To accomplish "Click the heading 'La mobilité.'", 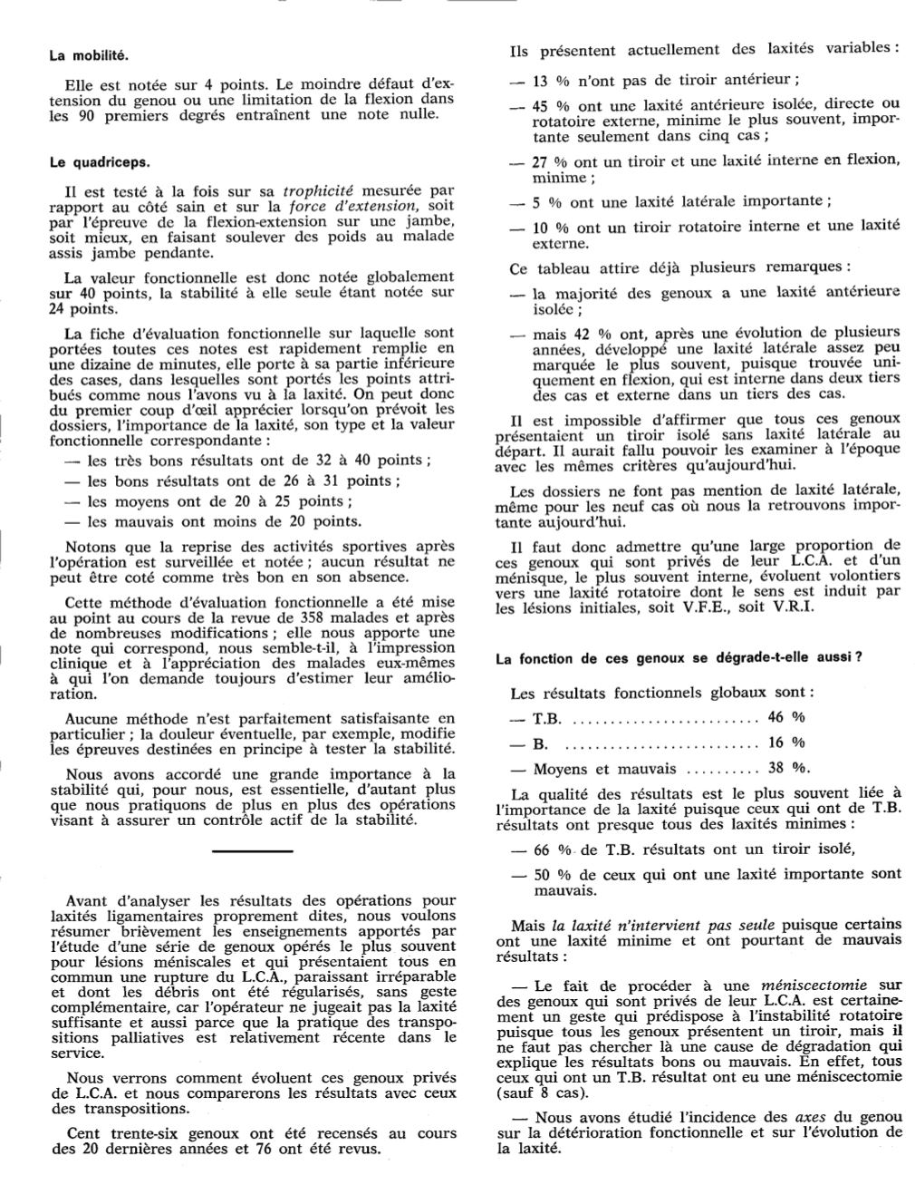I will (89, 55).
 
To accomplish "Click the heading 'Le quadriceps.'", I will (99, 163).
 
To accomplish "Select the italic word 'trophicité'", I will (318, 191).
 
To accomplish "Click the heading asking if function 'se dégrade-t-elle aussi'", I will (678, 659).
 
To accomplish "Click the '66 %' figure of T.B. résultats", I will (552, 850).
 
